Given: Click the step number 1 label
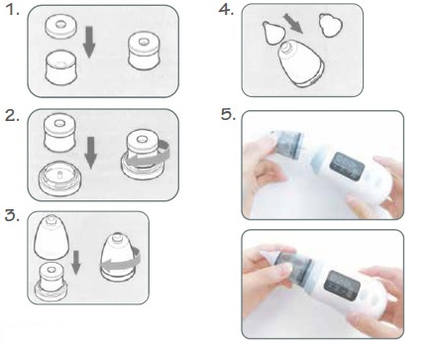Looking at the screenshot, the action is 13,10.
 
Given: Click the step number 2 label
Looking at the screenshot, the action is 12,116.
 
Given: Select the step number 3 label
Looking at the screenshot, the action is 12,215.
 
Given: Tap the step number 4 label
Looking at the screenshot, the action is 226,10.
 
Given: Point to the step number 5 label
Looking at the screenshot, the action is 229,115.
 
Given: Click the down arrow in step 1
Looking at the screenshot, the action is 89,43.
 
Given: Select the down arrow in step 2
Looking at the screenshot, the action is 90,153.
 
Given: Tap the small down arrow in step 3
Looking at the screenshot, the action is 76,263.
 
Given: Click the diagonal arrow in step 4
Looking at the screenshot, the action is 293,24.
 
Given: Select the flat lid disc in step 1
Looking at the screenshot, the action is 60,27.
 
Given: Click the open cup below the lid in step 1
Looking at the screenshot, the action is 61,67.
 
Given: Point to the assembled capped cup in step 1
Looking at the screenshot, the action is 144,51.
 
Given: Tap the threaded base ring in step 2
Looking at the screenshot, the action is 59,179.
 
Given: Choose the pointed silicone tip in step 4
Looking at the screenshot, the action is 273,32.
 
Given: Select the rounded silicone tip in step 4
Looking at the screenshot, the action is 330,25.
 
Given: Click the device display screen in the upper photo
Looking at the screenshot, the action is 347,167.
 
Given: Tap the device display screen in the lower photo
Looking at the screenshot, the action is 342,286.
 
